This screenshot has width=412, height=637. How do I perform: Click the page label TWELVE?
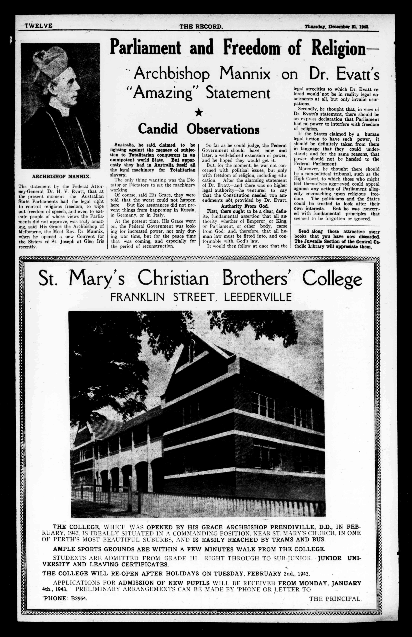pyautogui.click(x=38, y=26)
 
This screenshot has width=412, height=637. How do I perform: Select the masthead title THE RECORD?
pyautogui.click(x=201, y=26)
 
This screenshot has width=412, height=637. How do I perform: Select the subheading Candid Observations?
pyautogui.click(x=199, y=129)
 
